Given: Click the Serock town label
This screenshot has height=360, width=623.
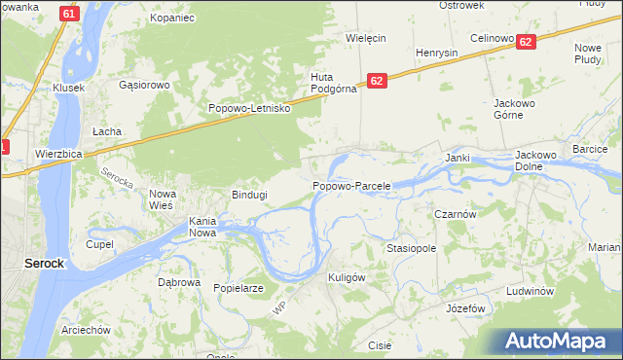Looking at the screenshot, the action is [x=44, y=263].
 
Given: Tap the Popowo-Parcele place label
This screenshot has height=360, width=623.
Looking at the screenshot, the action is [x=351, y=185].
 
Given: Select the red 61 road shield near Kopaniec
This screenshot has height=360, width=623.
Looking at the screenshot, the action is [x=67, y=14].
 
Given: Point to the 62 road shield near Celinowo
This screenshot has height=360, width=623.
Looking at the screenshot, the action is [x=526, y=42].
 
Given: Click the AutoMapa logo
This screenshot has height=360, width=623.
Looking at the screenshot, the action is [x=559, y=342].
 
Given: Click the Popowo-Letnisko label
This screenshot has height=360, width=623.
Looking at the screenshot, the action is [x=250, y=108].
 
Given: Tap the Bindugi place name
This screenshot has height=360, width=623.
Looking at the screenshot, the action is [x=248, y=195].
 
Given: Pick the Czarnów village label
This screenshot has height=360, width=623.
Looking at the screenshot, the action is [x=454, y=214].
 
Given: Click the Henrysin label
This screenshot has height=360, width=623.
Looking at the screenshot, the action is [x=436, y=52].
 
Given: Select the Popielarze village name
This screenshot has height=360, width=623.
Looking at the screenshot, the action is [x=238, y=288].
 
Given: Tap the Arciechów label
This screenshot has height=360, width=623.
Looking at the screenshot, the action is [x=86, y=330].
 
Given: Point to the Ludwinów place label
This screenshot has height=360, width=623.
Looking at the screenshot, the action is [x=530, y=292].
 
